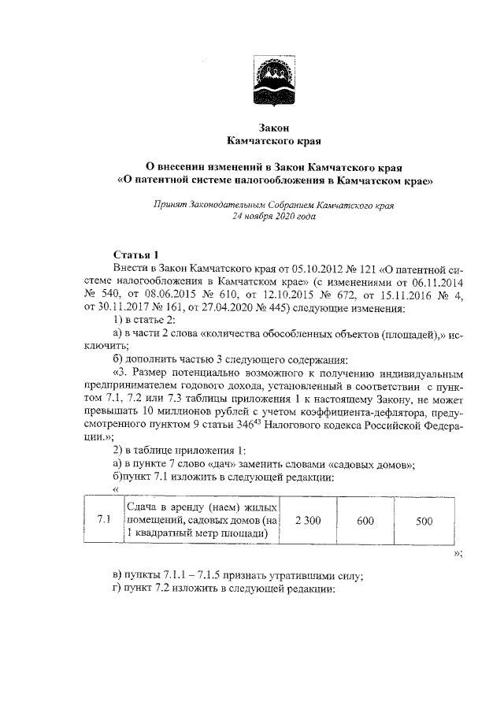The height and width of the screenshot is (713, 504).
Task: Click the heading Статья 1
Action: [x=136, y=254]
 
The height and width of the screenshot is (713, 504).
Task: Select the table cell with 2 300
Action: [x=308, y=520]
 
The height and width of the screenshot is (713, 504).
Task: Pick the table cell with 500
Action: [x=424, y=520]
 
